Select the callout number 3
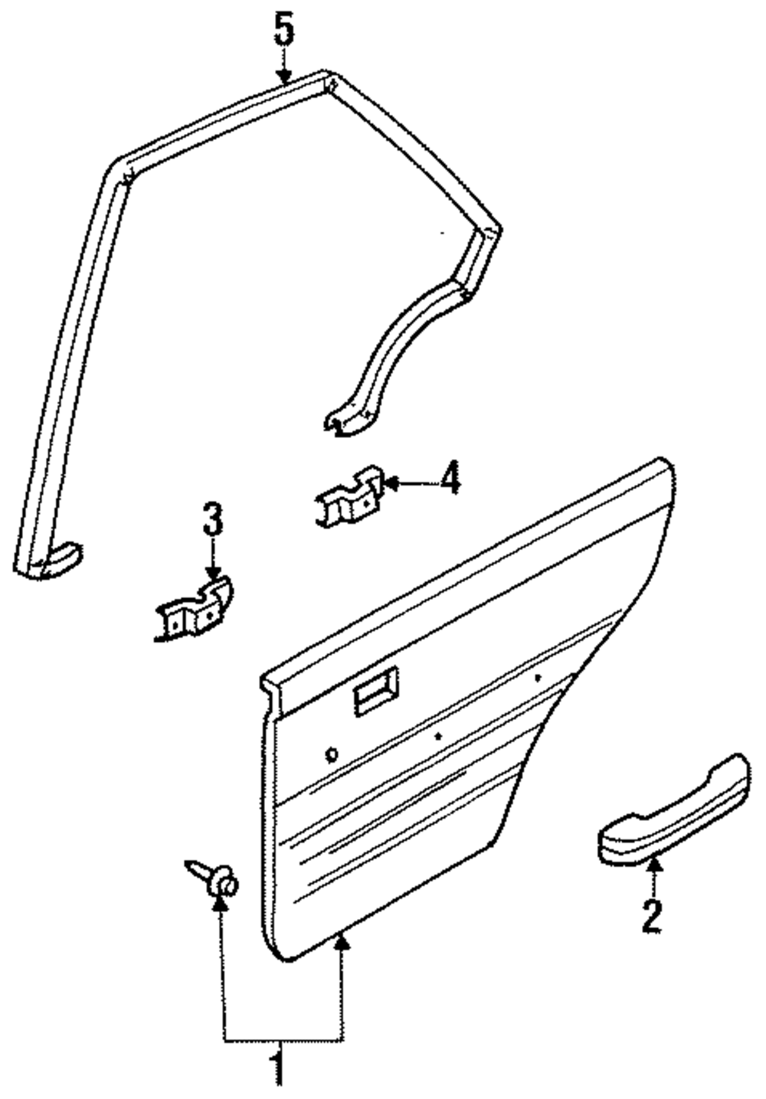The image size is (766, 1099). click(x=213, y=520)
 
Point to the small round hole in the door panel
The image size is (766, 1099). click(x=332, y=754)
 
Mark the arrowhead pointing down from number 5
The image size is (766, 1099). click(x=284, y=76)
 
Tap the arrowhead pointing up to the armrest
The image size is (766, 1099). click(x=653, y=866)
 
